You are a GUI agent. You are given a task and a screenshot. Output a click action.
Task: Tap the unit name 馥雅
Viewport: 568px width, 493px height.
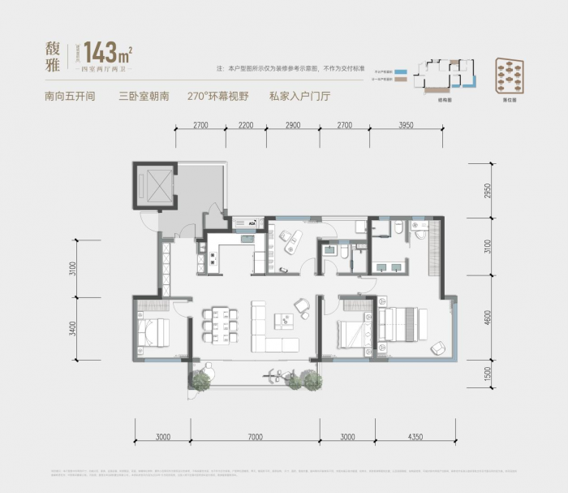click(55, 54)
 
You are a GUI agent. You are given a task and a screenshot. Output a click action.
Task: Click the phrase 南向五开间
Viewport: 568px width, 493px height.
click(71, 96)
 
